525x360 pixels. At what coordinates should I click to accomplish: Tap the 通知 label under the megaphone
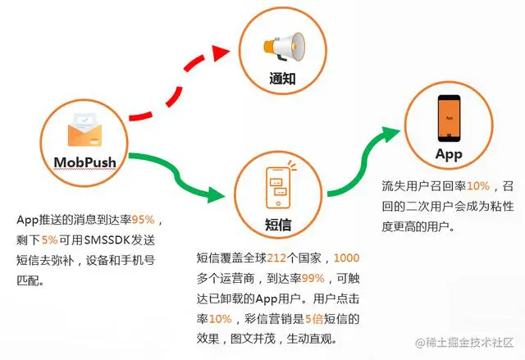click(x=281, y=80)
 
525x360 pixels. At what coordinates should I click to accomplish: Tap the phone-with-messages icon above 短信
click(x=280, y=187)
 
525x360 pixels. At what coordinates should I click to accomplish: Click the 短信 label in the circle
click(x=280, y=224)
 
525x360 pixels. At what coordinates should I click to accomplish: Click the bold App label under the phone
click(x=449, y=154)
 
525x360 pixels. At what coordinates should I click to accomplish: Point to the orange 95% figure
click(x=144, y=220)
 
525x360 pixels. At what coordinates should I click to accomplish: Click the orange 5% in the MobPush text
click(x=49, y=240)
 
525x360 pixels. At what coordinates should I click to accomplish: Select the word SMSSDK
click(x=120, y=240)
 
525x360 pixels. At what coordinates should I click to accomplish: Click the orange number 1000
click(x=347, y=257)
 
